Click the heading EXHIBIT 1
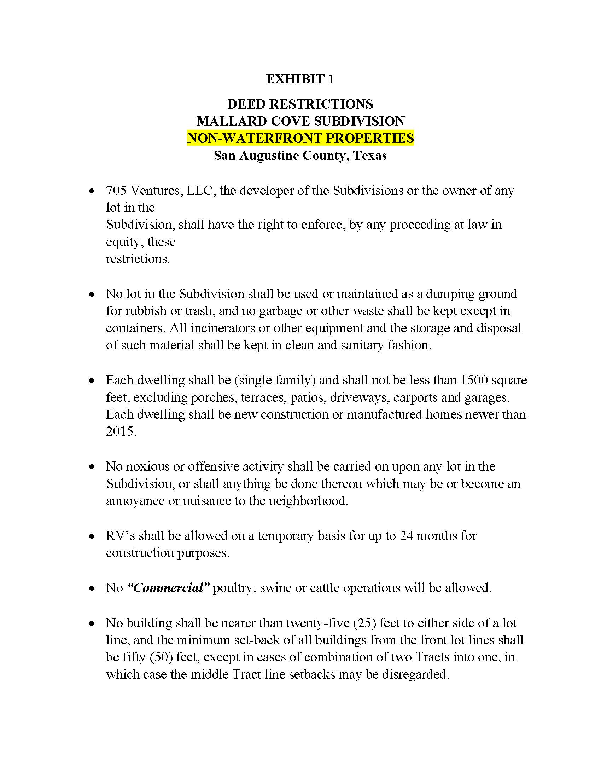[x=300, y=79]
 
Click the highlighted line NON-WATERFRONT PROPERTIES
[x=300, y=138]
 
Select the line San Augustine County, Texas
[x=300, y=156]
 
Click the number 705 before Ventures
[x=116, y=191]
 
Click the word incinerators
[x=223, y=328]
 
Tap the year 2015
[x=120, y=431]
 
